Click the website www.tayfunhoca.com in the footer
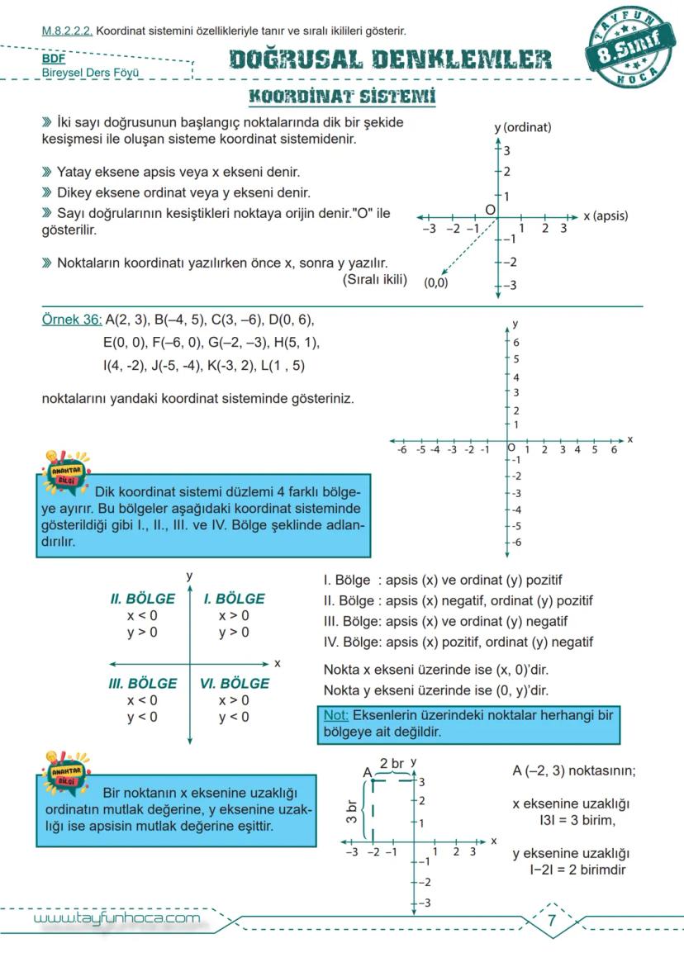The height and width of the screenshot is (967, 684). [116, 918]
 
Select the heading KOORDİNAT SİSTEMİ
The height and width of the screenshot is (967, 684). [342, 96]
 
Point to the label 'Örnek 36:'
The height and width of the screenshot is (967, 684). [71, 320]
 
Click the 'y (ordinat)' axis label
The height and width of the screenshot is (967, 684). [522, 127]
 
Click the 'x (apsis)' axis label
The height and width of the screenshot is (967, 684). [605, 216]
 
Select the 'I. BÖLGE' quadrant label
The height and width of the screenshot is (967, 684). [234, 599]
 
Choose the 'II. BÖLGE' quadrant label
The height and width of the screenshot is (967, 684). [142, 599]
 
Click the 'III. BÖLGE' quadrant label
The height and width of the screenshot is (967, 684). [142, 684]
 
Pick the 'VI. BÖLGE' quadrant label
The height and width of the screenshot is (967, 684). [234, 684]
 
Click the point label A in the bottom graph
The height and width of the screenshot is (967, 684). [368, 772]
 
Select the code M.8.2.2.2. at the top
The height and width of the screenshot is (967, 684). [68, 31]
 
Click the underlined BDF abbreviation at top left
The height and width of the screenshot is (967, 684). [53, 59]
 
